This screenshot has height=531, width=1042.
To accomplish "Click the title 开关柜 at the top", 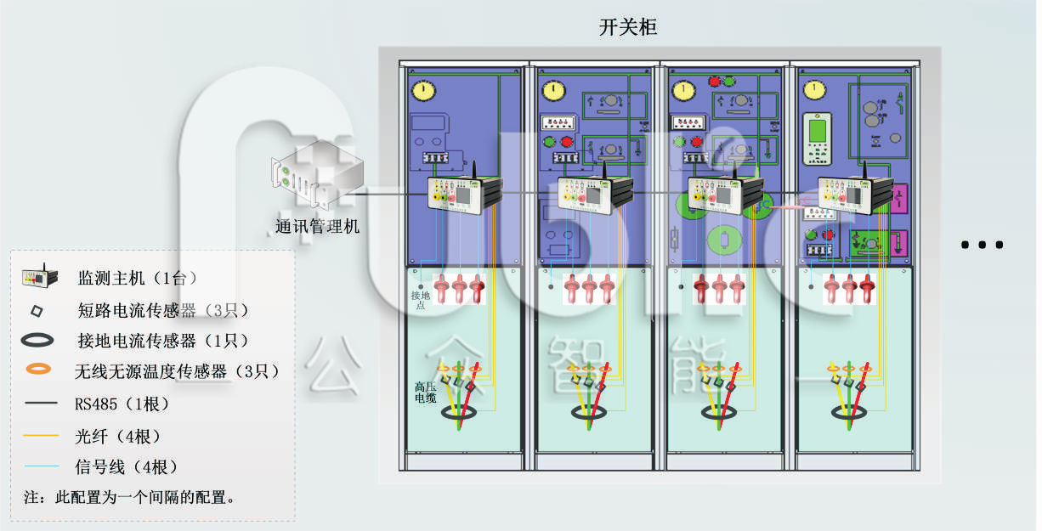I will pyautogui.click(x=628, y=27).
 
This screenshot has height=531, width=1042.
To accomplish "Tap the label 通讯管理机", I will pyautogui.click(x=317, y=227).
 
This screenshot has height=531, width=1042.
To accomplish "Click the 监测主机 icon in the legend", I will pyautogui.click(x=40, y=276).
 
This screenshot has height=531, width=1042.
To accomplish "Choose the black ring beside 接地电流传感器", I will pyautogui.click(x=38, y=341).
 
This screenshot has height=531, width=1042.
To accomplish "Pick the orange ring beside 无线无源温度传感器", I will pyautogui.click(x=38, y=370).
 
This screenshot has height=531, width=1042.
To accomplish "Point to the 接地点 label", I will pyautogui.click(x=419, y=299).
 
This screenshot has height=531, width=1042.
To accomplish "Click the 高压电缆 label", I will pyautogui.click(x=425, y=392).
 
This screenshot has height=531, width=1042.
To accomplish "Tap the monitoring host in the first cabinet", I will pyautogui.click(x=463, y=195).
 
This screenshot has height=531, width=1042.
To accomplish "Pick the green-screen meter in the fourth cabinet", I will pyautogui.click(x=817, y=138).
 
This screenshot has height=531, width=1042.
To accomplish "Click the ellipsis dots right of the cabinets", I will pyautogui.click(x=983, y=245).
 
